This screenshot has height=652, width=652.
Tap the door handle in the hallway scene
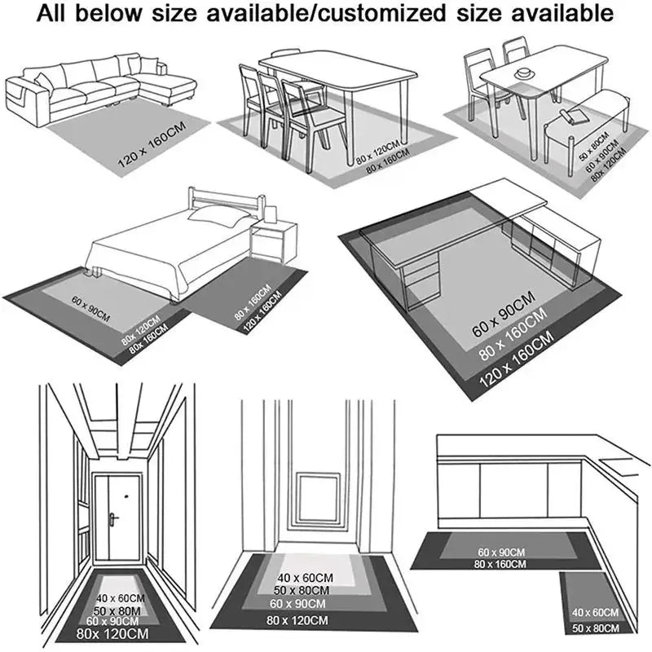tap(113, 518)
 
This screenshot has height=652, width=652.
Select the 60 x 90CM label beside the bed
tap(90, 311)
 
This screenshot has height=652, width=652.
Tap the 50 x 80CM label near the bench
tap(592, 145)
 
